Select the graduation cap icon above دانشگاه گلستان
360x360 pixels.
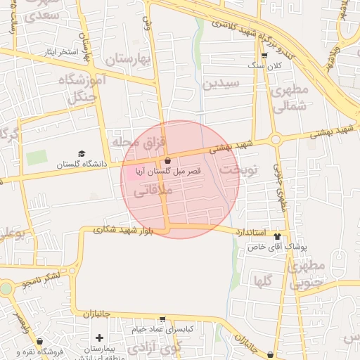(x=81, y=153)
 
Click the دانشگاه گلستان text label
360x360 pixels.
(x=65, y=165)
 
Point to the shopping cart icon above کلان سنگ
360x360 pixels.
(x=264, y=56)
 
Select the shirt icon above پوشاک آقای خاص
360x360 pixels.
(x=277, y=237)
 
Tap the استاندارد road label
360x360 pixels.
(x=250, y=231)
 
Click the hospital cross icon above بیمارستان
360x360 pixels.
(x=99, y=338)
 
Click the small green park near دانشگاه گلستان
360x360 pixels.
(x=36, y=157)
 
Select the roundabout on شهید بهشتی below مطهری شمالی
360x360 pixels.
(x=276, y=139)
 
